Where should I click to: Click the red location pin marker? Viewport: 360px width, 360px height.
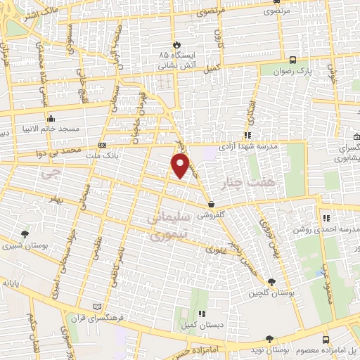[181, 166]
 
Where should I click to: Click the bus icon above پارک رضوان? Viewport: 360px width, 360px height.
[293, 60]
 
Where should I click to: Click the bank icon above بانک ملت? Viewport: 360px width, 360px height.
[103, 146]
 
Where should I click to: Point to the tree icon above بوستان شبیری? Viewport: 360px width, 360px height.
[26, 234]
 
